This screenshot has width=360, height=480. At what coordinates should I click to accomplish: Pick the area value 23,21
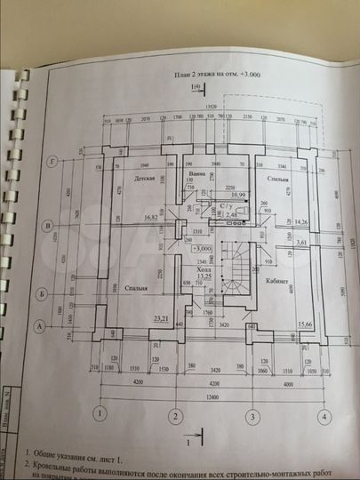160,317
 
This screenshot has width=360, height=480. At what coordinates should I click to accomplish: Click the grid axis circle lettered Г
55,161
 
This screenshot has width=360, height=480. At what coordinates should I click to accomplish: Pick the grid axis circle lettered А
40,326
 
